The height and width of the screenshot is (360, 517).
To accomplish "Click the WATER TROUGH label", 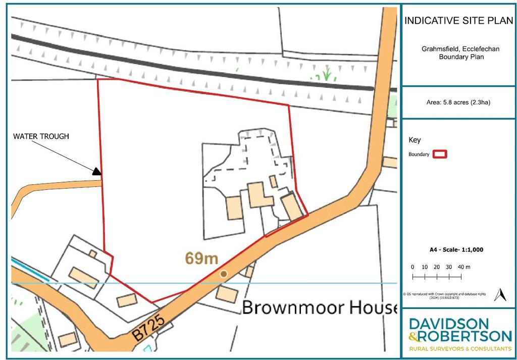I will (41, 136).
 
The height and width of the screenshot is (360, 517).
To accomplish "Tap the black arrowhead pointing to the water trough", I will (96, 172).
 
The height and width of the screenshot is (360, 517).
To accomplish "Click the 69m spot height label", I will (201, 259).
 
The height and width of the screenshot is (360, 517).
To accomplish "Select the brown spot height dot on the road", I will (223, 274).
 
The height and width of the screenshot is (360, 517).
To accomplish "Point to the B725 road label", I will (151, 327).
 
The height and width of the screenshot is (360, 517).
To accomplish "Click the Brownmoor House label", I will (320, 307).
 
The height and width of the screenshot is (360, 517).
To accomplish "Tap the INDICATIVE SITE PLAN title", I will (458, 21).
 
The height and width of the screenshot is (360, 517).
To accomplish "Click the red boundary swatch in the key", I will (440, 154).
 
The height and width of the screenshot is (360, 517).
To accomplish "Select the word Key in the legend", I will (415, 140).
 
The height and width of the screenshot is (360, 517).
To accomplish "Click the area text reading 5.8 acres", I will (458, 102).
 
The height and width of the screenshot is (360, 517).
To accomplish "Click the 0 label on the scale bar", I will (412, 267).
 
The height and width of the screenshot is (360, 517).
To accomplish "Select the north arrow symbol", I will (500, 295).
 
